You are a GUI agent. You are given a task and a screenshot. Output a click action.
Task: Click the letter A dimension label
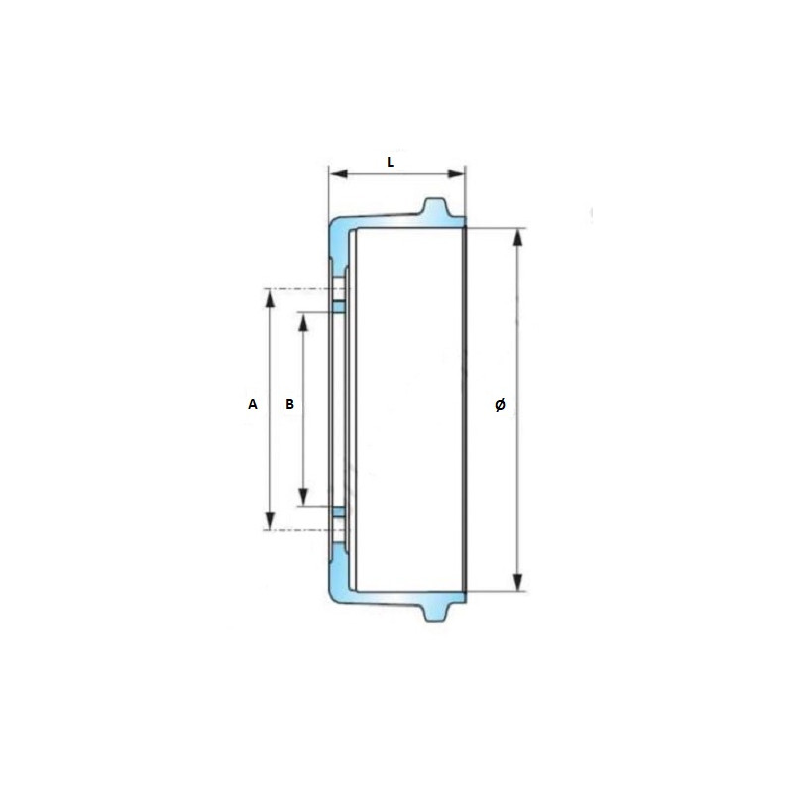coord(253,404)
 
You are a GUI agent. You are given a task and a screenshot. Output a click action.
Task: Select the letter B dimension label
coord(289,404)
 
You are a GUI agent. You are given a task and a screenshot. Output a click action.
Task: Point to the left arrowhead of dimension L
coord(335,174)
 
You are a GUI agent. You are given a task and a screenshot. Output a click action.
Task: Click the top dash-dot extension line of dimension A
coord(297,288)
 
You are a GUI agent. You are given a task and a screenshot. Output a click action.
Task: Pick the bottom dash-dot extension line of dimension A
coord(297,530)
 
